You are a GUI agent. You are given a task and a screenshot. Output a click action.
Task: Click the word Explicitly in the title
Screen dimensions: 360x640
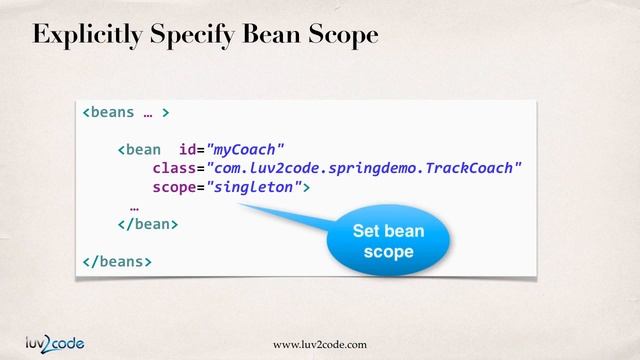(85, 35)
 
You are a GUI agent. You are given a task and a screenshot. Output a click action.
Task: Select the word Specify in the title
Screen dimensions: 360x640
(192, 35)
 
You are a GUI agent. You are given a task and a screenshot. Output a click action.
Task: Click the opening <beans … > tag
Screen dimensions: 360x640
(125, 112)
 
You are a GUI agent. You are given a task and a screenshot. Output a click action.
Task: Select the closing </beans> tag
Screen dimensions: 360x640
(117, 261)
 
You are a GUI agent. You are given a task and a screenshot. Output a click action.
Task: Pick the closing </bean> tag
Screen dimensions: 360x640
(147, 224)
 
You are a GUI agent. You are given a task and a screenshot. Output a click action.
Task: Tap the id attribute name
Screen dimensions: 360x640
(186, 150)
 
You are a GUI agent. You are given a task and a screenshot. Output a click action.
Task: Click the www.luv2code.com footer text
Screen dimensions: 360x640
(320, 344)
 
